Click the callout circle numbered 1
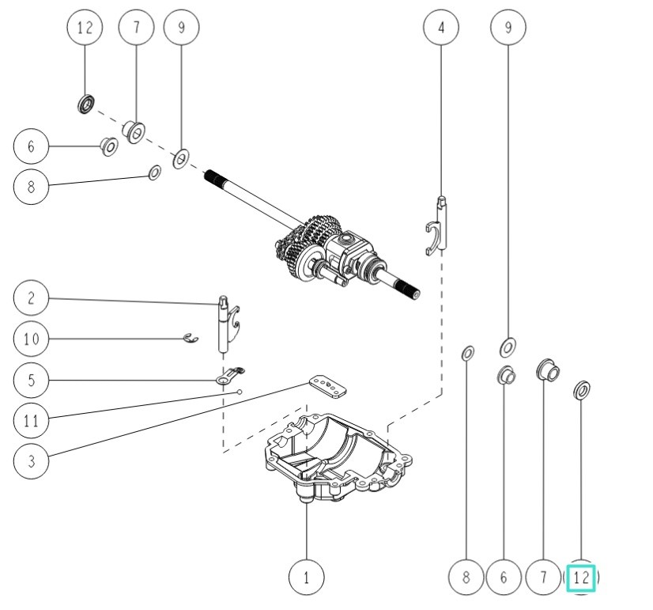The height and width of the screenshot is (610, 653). tap(306, 577)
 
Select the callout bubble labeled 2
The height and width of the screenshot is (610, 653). tap(31, 299)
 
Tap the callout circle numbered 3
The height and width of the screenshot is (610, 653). tap(31, 460)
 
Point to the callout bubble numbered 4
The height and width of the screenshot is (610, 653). tap(441, 27)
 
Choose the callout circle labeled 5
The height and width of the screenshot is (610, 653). tap(31, 380)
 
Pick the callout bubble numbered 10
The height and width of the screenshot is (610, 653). tap(31, 339)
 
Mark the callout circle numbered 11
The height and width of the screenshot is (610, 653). tap(31, 420)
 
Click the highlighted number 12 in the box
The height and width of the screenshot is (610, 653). tap(581, 577)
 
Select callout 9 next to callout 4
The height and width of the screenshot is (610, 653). tap(508, 27)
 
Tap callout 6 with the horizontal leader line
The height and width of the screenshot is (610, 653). tap(31, 146)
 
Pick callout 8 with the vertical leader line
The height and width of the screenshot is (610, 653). tap(466, 577)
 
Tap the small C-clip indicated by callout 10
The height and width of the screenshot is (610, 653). tap(190, 339)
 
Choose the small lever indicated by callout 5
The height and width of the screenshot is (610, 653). tap(230, 377)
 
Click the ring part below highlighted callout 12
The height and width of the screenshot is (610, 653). tap(583, 389)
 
